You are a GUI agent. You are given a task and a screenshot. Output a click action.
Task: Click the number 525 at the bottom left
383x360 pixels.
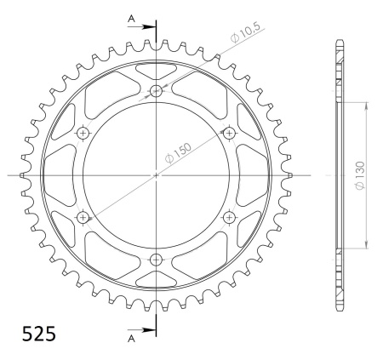click(x=39, y=334)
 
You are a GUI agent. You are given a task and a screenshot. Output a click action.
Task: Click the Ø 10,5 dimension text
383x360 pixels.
click(x=245, y=32)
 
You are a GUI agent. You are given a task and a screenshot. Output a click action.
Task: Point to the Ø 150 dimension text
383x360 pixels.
click(x=178, y=153)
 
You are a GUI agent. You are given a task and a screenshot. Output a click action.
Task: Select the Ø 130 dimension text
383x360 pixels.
click(x=360, y=175)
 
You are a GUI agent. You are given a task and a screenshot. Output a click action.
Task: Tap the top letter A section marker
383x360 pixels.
click(x=131, y=19)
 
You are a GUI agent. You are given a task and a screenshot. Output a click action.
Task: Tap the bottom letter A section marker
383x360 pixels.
click(x=131, y=339)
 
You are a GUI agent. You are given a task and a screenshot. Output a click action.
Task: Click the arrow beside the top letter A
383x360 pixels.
click(x=141, y=27)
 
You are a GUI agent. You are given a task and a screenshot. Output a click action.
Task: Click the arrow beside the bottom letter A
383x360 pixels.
click(x=141, y=330)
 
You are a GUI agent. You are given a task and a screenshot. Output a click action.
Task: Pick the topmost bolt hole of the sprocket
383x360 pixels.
click(x=156, y=91)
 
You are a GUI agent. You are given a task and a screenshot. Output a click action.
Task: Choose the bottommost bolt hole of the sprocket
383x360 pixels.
click(x=156, y=260)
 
